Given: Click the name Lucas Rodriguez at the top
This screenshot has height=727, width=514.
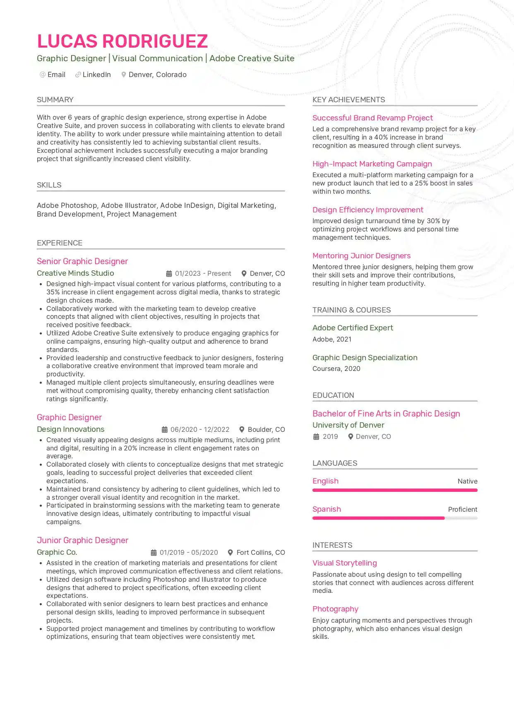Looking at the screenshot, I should point(122,41).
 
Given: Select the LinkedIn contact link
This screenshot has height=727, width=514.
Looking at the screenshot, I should point(96,75).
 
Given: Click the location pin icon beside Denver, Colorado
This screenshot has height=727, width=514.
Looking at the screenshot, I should point(123,75).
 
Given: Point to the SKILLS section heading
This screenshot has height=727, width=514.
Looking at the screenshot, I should point(49,185).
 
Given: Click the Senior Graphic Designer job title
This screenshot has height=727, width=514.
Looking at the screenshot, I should point(82,261).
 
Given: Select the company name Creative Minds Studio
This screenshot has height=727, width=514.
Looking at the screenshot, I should point(75,273).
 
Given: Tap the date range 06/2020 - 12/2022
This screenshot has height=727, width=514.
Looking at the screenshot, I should point(200,430).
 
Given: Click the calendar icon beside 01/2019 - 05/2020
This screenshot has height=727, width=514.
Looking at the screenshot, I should point(154,553).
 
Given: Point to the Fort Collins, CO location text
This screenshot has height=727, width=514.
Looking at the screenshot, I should point(261,553).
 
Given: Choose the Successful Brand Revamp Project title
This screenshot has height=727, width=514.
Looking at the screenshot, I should point(372,118).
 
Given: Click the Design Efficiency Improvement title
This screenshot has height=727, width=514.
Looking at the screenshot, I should point(367,210).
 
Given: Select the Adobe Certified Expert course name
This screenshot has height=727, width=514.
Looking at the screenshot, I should point(353,328).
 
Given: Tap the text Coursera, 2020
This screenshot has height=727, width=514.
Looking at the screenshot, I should point(336,369).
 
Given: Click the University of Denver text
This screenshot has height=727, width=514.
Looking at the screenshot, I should point(348,425).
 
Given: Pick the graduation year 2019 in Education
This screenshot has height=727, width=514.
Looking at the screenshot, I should point(330,437).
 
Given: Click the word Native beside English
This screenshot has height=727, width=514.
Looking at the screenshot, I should point(467,481).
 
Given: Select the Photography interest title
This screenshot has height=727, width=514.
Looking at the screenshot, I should point(335,609).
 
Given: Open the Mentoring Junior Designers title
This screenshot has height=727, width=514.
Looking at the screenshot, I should point(361,256).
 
